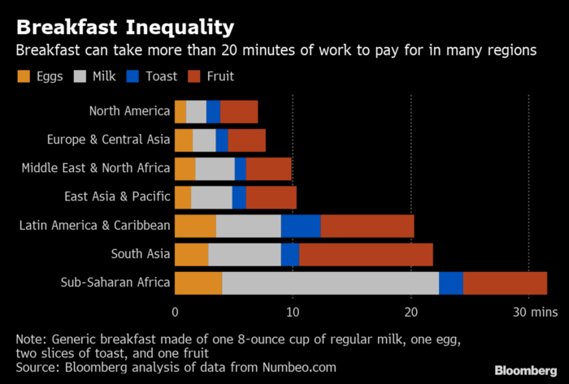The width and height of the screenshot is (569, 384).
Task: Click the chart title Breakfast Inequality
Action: point(125,27)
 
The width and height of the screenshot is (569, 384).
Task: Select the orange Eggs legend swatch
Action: point(24,77)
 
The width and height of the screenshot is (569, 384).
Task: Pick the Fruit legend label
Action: point(219,77)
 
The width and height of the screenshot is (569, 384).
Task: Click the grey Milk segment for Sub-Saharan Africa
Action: point(330,283)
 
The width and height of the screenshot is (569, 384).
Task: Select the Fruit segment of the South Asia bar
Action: point(366,254)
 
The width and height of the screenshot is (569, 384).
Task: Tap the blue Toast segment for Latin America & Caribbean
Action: point(301,226)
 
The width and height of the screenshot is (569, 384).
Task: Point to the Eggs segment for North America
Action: point(180,112)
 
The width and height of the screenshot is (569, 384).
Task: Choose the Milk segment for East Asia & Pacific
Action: point(211,197)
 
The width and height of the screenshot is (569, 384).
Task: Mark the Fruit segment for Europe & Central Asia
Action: point(246,140)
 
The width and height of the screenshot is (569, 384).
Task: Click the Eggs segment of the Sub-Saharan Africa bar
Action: point(198,283)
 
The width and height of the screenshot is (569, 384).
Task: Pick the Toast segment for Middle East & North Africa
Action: point(241,169)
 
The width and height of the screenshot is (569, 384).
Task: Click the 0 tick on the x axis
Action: point(175,312)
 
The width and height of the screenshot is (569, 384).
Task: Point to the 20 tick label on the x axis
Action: point(411,312)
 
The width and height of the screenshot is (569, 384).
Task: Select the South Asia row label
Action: point(141,254)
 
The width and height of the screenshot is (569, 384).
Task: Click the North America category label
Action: point(129,112)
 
